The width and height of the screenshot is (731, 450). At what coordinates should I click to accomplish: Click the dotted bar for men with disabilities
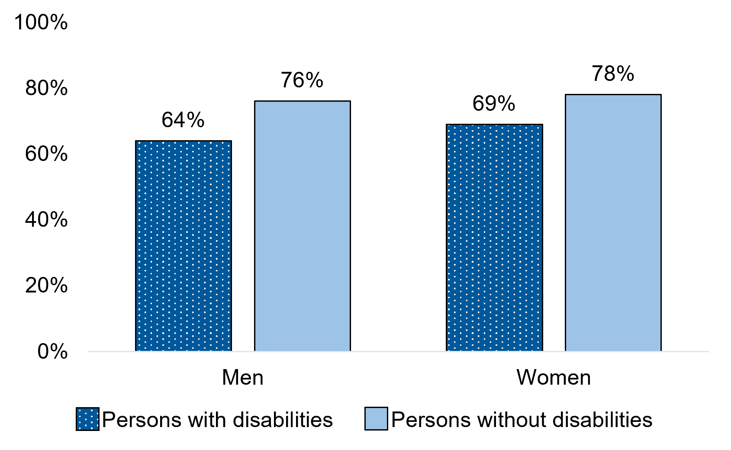(x=184, y=246)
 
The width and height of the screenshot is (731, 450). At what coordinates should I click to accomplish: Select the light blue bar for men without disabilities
(x=302, y=226)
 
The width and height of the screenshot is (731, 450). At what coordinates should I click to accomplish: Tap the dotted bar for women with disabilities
(x=494, y=238)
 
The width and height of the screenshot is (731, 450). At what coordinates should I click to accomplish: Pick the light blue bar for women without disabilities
(x=613, y=222)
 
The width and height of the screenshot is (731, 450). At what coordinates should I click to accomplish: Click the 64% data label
(x=183, y=120)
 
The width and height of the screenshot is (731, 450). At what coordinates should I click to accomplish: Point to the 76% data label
(x=302, y=80)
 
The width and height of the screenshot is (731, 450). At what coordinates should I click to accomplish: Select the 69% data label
(x=494, y=104)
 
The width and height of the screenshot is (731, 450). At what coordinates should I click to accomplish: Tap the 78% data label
(x=613, y=74)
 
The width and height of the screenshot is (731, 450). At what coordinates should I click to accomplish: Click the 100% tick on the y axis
(x=41, y=22)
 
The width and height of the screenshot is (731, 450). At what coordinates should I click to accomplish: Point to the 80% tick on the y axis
(x=46, y=89)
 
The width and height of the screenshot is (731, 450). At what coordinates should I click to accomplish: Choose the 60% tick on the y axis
(x=46, y=154)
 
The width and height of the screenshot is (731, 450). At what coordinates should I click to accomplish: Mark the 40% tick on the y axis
(x=46, y=220)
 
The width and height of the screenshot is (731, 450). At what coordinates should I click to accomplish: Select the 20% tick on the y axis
(x=46, y=286)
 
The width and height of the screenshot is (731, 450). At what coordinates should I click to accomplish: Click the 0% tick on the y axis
(x=52, y=352)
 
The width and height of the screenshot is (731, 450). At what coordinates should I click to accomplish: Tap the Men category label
(x=243, y=378)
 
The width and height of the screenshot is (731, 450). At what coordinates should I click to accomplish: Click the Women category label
(x=554, y=378)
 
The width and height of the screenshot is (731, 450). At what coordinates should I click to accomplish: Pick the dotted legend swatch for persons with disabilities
(x=87, y=419)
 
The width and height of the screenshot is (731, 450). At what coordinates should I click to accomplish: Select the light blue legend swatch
(x=376, y=419)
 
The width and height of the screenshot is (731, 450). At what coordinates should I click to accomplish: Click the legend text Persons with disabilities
(x=218, y=420)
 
